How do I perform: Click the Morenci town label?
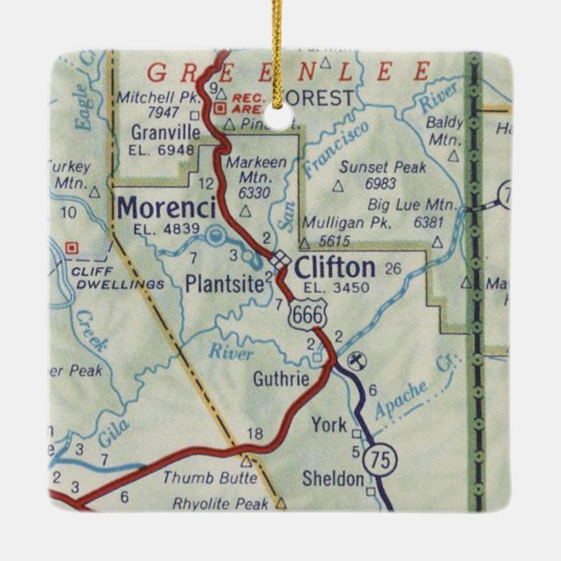(166, 208)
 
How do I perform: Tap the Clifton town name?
(335, 266)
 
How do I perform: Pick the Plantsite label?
(223, 282)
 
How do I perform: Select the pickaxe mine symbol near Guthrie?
(356, 359)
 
